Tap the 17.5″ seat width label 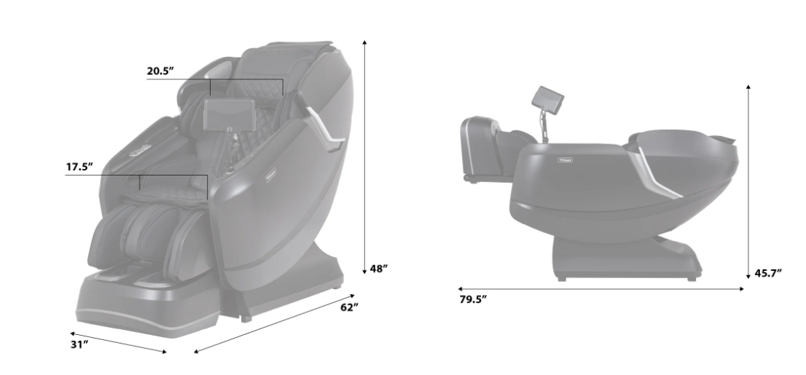click(79, 167)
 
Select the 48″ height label click(378, 269)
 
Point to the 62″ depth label click(349, 308)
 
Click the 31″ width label click(79, 344)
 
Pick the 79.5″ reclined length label click(473, 299)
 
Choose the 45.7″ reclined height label click(768, 273)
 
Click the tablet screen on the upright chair click(230, 114)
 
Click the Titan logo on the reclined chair click(565, 160)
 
